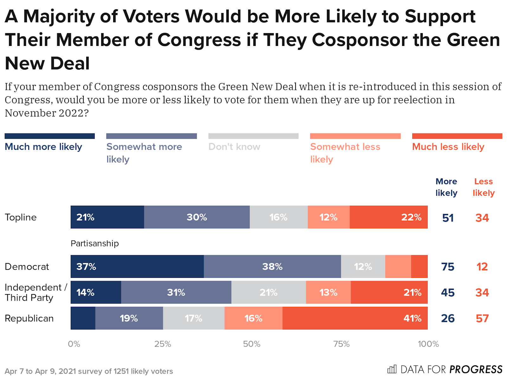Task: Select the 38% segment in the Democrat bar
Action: point(272,267)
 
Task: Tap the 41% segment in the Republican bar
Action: point(355,318)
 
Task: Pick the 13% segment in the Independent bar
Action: point(328,292)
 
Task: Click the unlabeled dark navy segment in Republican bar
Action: point(83,318)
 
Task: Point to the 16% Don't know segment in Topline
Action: point(279,217)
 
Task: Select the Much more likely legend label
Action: point(43,147)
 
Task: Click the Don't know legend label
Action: point(234,147)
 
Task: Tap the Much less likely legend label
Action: point(448,147)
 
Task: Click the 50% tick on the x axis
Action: point(252,344)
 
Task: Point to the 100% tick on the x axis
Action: point(428,344)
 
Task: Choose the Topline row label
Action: point(21,217)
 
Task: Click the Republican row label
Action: point(29,318)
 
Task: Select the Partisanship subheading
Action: point(94,243)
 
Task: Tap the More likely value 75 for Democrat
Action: point(448,267)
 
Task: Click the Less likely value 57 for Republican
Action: point(482,318)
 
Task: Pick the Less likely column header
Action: point(484,187)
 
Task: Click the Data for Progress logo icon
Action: point(392,369)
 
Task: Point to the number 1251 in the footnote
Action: point(121,371)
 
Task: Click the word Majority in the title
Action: point(59,16)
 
